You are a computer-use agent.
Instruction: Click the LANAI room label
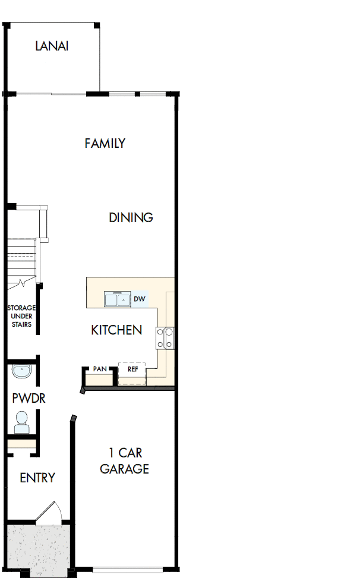click(x=52, y=46)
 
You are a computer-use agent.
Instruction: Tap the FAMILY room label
click(x=105, y=143)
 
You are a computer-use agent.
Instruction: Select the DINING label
click(x=131, y=217)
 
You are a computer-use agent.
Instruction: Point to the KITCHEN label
click(x=116, y=330)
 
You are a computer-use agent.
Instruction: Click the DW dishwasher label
click(x=139, y=299)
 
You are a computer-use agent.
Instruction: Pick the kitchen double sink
click(x=117, y=299)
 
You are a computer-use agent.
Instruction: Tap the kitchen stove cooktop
click(x=165, y=338)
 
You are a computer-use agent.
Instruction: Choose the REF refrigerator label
click(x=132, y=369)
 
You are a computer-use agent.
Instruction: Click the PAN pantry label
click(x=100, y=369)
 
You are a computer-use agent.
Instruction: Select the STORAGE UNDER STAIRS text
click(x=21, y=316)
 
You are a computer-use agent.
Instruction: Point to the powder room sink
click(x=21, y=372)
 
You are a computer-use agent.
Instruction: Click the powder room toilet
click(x=22, y=422)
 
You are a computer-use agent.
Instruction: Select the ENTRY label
click(x=37, y=478)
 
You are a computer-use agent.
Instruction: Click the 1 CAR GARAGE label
click(x=124, y=461)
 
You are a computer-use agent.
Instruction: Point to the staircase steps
click(x=21, y=258)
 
